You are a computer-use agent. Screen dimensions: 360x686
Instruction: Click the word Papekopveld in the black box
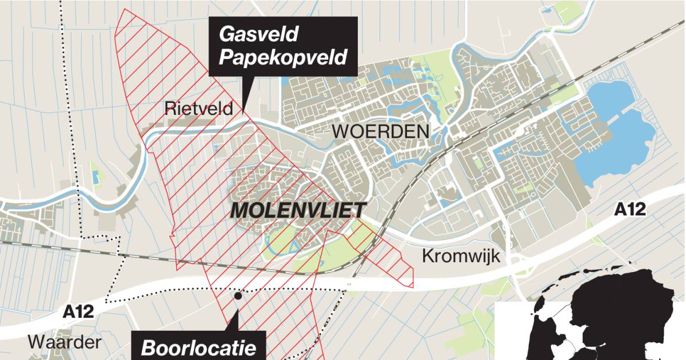(284, 57)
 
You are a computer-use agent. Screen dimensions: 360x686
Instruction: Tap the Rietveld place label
(199, 108)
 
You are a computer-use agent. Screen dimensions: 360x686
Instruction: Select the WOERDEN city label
(381, 131)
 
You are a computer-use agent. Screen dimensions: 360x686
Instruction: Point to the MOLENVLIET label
(298, 210)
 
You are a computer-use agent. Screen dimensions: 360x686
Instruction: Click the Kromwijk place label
(461, 256)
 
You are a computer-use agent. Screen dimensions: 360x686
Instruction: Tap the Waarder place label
(65, 342)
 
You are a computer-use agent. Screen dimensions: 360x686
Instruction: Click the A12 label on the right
(630, 210)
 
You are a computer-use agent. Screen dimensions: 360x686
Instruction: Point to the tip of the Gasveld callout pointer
(244, 111)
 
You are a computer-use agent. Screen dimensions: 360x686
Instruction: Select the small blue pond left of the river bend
(95, 178)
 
